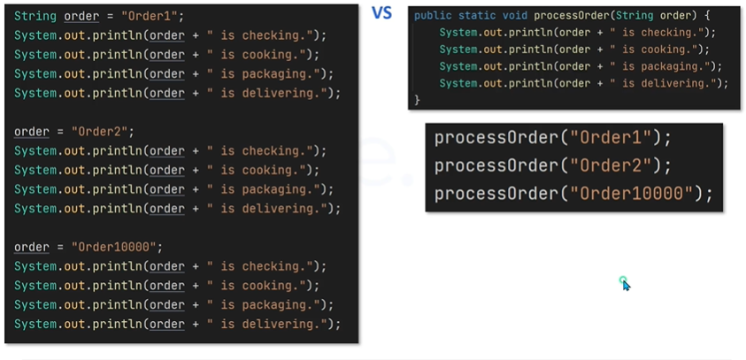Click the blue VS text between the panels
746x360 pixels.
coord(381,12)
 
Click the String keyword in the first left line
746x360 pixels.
coord(35,16)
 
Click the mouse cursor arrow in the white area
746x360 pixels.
coord(626,284)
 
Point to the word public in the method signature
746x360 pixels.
coord(433,17)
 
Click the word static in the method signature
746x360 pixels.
coord(479,17)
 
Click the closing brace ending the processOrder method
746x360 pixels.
coord(417,100)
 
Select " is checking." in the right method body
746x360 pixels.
coord(656,34)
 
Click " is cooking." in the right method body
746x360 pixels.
coord(652,50)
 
